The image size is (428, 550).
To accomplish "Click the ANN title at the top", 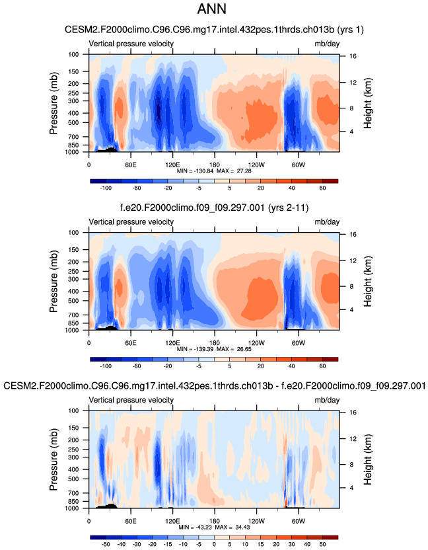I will [214, 10].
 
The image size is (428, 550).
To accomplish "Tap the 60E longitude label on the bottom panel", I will [130, 521].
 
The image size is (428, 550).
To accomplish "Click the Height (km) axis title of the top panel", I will [371, 104].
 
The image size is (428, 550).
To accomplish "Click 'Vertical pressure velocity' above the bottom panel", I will [131, 400].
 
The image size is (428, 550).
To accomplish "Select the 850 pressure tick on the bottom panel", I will [74, 502].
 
